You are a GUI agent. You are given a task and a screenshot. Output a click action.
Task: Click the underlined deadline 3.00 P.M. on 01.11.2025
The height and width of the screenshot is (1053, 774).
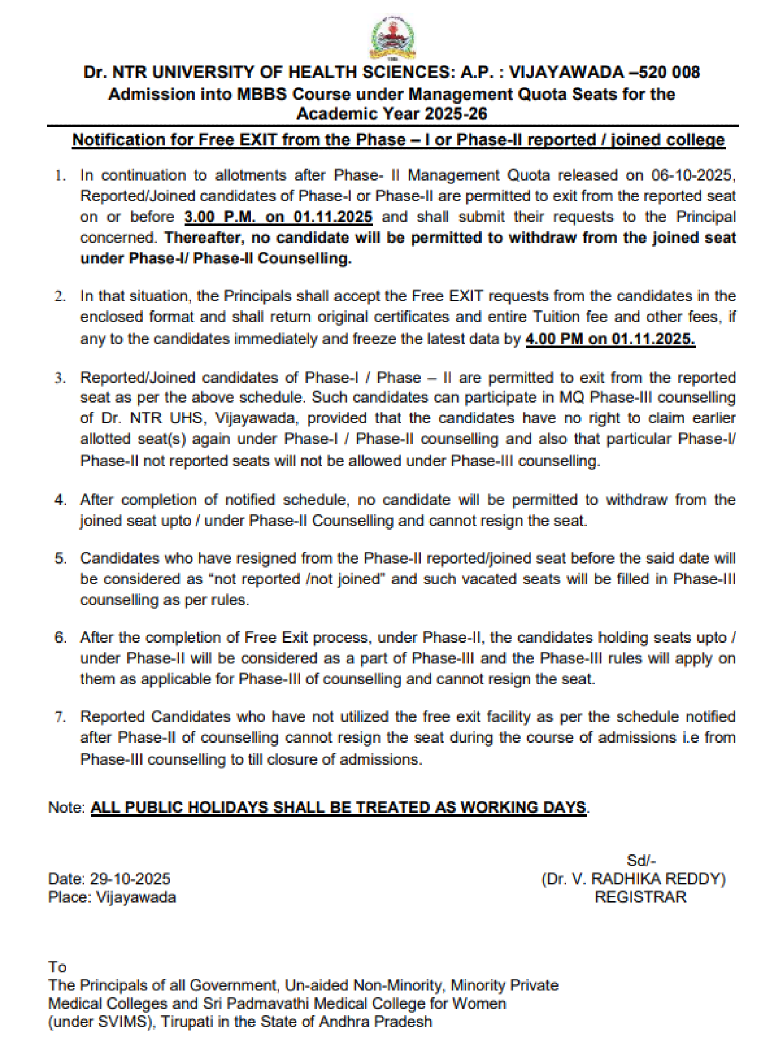(278, 217)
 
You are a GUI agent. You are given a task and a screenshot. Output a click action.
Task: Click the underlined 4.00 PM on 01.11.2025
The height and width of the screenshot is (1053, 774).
(610, 338)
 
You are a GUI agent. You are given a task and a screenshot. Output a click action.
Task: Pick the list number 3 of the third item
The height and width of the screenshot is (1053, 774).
(59, 378)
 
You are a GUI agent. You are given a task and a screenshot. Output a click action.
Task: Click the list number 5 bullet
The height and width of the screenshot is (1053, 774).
(60, 558)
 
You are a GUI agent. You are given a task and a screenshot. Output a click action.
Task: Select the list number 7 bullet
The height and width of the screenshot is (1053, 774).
(60, 717)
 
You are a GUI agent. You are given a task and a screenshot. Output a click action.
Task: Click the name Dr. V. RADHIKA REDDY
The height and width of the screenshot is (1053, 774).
(633, 879)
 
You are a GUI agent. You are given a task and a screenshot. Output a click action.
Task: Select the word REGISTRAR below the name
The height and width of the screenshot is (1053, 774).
(640, 897)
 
